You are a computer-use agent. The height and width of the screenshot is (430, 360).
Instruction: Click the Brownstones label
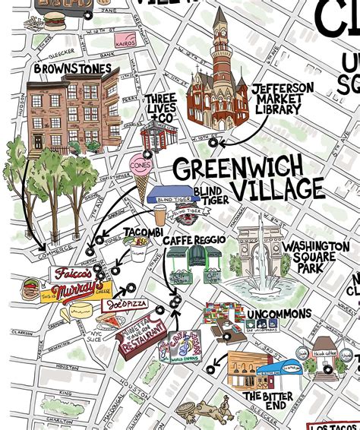click(x=72, y=69)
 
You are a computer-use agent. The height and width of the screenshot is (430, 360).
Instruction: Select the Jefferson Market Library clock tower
click(x=220, y=46)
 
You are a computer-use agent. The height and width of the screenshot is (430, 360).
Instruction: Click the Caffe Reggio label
click(x=194, y=240)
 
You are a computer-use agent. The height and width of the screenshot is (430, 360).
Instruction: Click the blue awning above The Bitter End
click(x=276, y=370)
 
